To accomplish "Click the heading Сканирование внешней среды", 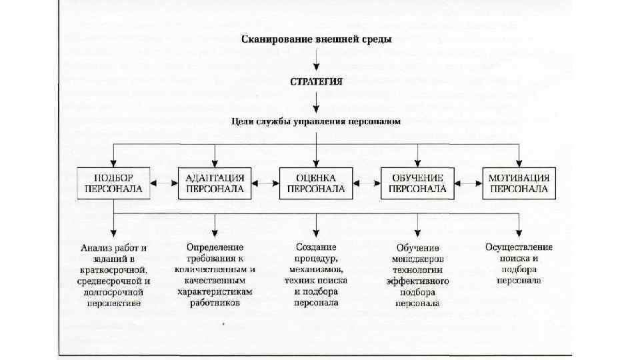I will (316, 39).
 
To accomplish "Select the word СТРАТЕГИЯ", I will (316, 83).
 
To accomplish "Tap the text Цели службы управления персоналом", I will (316, 122).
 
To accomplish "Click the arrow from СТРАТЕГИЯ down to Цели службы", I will (316, 103).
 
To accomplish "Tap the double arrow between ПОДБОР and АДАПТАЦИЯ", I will (164, 181).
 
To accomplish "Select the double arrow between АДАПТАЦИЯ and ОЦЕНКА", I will (265, 181).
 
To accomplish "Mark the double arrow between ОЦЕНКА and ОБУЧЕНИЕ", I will (367, 181).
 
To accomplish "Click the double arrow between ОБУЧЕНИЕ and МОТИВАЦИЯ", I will (468, 181).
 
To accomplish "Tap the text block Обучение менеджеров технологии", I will (417, 275).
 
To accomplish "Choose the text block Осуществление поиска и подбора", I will (519, 263).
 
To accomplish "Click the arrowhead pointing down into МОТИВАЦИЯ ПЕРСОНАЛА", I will (519, 162).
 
